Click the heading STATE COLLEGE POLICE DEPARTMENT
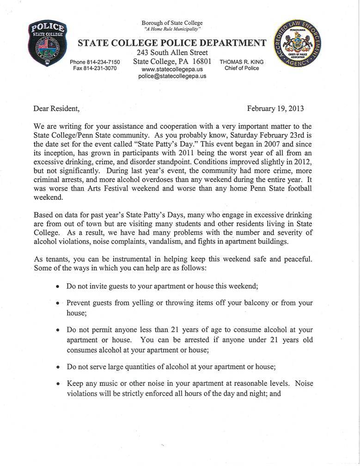[x=172, y=43]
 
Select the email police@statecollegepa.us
[x=172, y=76]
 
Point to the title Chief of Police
[x=242, y=68]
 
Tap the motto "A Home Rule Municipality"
[x=172, y=29]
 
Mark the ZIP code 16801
[x=199, y=61]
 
